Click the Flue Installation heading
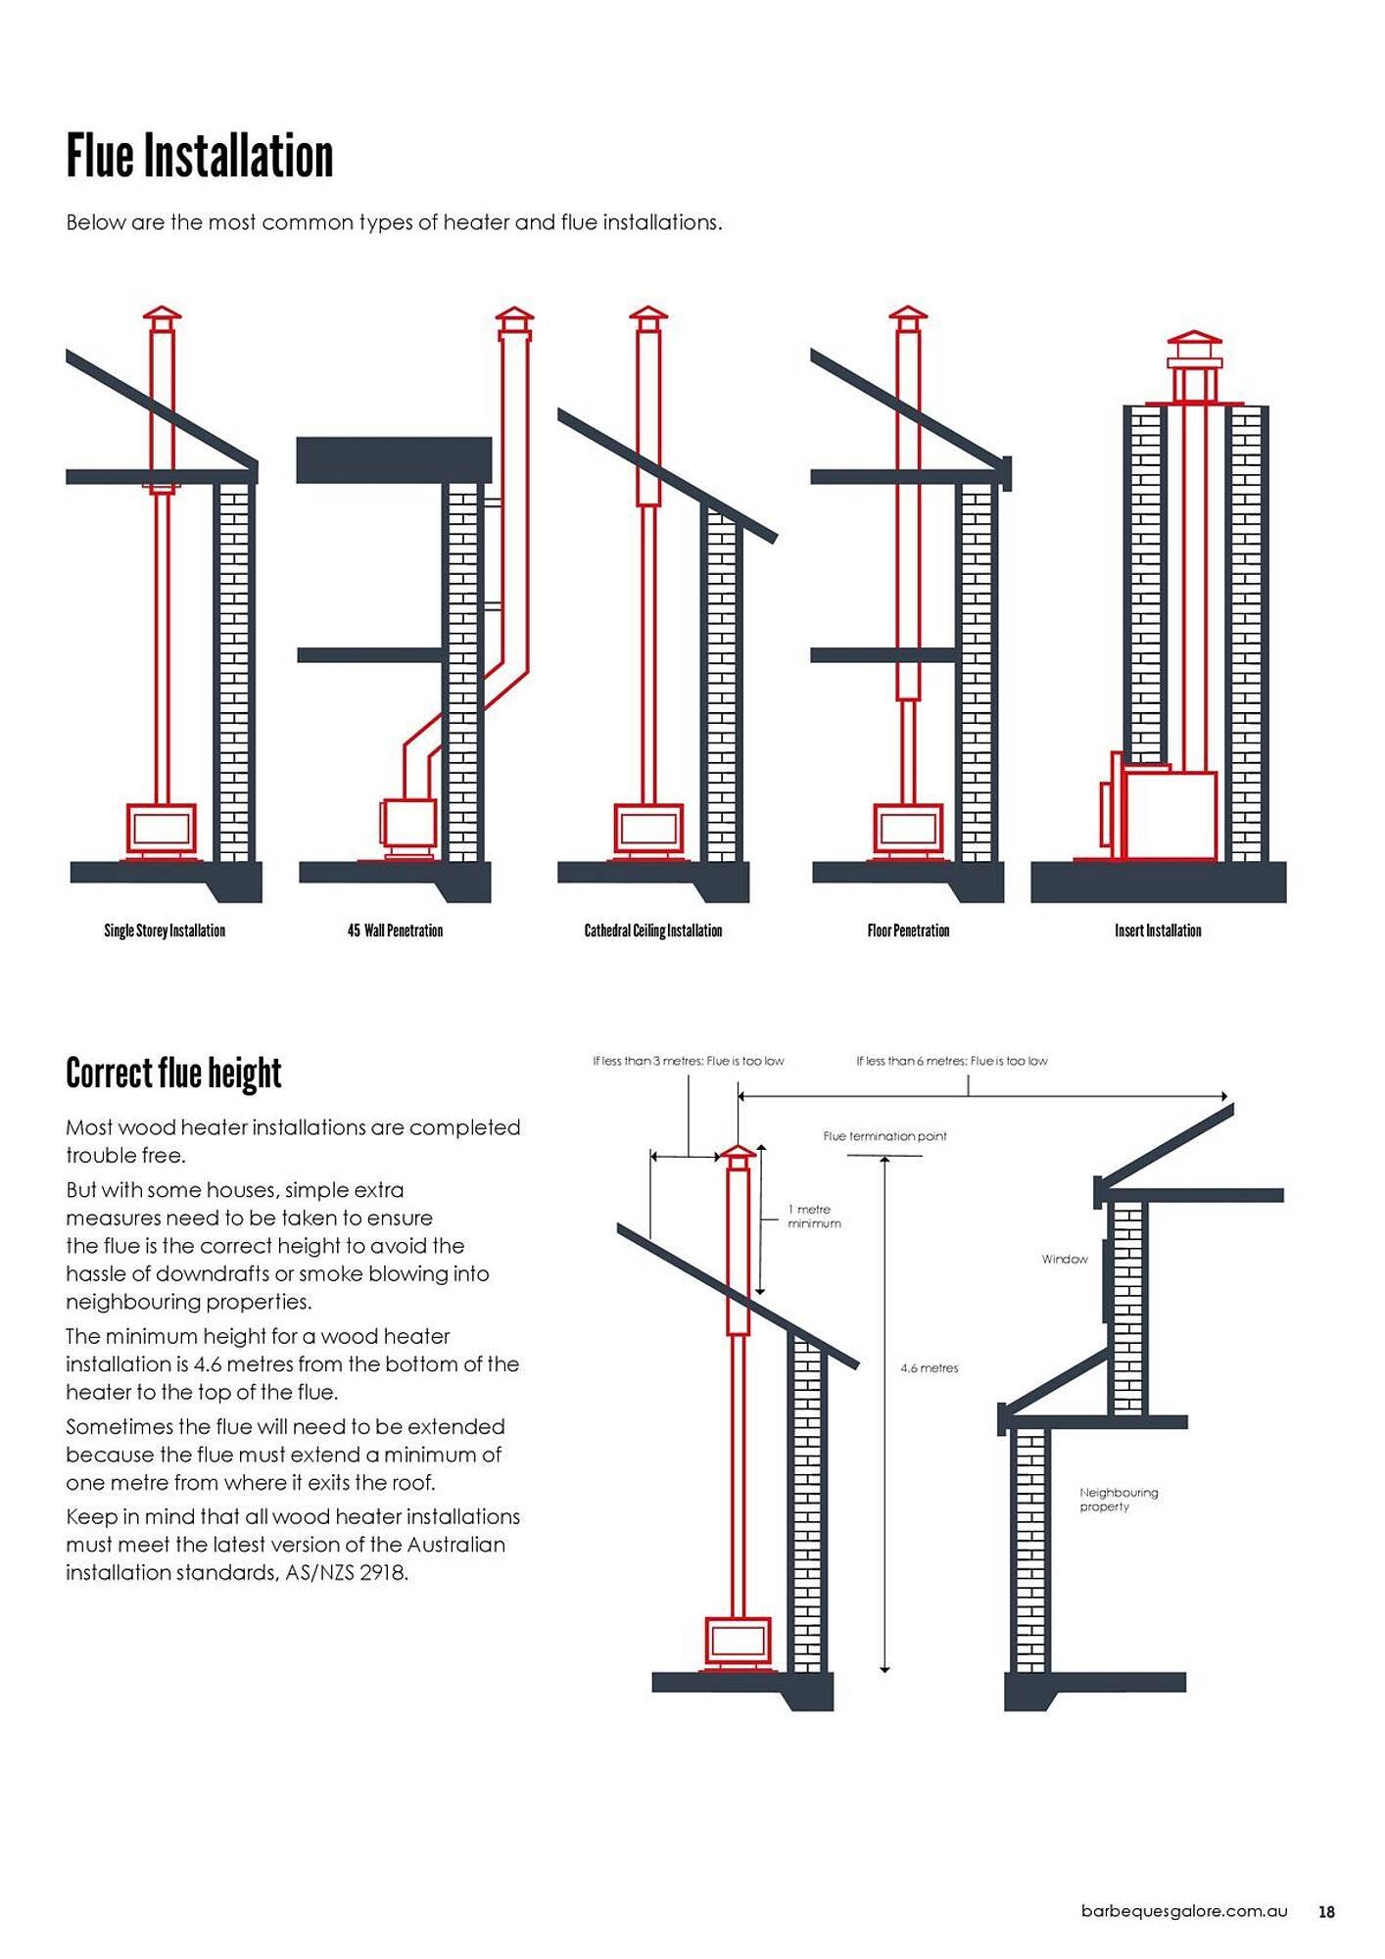[200, 157]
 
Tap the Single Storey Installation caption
[165, 931]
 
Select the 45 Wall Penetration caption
[395, 931]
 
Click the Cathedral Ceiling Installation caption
[652, 931]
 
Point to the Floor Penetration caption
[908, 931]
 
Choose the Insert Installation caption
[1158, 931]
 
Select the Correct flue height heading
[173, 1074]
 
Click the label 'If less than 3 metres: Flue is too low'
[688, 1061]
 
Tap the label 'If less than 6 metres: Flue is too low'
[951, 1061]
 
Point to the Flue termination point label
[884, 1136]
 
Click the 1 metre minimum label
[814, 1217]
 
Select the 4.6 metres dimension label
[929, 1368]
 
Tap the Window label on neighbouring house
[1065, 1259]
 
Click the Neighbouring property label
[1118, 1500]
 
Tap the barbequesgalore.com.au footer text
[1183, 1911]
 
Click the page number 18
[1326, 1912]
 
